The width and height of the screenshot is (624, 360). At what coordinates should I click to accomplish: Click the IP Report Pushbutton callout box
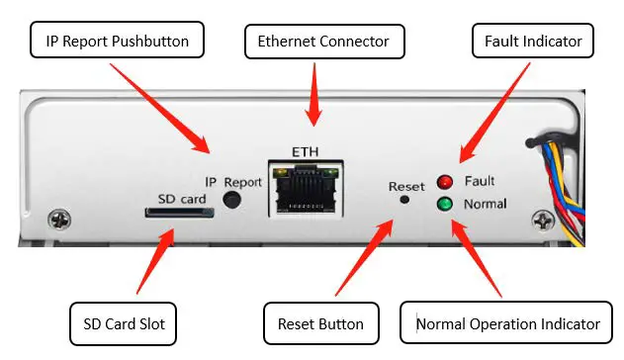118,42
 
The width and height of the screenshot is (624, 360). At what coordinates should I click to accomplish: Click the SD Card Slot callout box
125,322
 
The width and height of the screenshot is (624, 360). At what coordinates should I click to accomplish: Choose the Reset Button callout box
320,323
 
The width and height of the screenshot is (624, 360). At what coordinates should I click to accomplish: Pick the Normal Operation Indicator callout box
507,323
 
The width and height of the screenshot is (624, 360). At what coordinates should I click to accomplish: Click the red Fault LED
445,182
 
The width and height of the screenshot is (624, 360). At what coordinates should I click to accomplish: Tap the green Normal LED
445,205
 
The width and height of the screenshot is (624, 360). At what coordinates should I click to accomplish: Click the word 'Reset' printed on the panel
405,185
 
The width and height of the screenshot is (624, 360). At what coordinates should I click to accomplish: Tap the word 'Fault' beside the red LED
479,181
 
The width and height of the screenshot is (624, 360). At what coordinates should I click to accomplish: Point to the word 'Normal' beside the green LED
485,205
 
